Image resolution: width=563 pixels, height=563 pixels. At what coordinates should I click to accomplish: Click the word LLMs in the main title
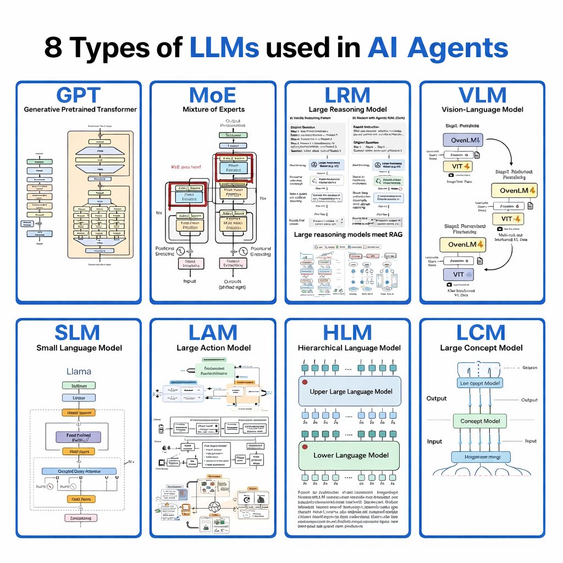[x=224, y=48]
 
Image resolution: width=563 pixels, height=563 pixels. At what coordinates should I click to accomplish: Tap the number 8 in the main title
[x=53, y=48]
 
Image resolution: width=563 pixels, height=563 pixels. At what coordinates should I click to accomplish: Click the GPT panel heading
[x=79, y=95]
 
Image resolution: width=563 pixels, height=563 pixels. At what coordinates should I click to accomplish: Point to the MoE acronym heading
[x=213, y=95]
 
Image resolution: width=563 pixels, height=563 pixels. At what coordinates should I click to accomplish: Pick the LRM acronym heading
[x=347, y=95]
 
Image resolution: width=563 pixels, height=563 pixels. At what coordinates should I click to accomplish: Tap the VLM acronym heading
[x=482, y=95]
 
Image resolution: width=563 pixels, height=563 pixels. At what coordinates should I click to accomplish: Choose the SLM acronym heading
[x=78, y=333]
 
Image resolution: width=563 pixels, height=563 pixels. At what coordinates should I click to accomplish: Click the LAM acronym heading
[x=213, y=333]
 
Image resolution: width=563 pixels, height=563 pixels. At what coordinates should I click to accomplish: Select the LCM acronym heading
[x=481, y=333]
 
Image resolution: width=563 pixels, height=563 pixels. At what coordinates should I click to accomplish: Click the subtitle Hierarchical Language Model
[x=349, y=348]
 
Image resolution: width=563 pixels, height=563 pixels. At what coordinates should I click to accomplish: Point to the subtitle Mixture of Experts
[x=213, y=109]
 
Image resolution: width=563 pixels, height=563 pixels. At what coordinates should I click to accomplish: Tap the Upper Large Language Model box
[x=350, y=391]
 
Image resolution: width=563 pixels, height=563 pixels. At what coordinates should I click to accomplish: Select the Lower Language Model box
[x=350, y=455]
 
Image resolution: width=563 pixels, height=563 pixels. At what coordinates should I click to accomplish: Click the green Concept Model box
[x=479, y=421]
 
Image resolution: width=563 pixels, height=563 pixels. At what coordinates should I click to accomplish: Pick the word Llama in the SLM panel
[x=79, y=372]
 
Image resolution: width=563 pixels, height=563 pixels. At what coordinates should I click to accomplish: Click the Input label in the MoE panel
[x=189, y=280]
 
